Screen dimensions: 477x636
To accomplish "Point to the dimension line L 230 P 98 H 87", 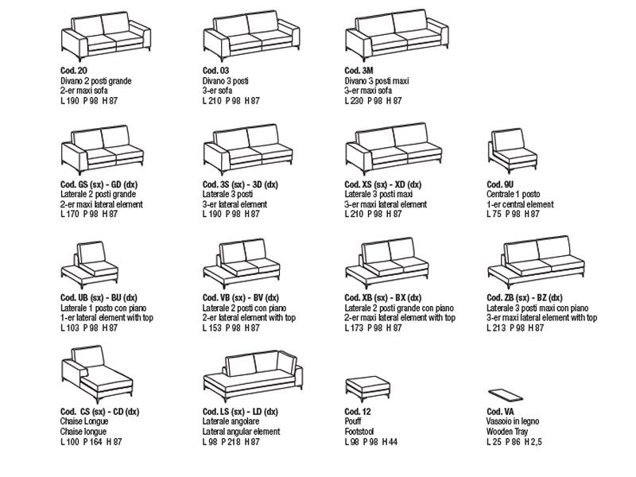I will pyautogui.click(x=374, y=101).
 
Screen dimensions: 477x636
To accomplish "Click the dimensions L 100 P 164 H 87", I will pyautogui.click(x=91, y=440).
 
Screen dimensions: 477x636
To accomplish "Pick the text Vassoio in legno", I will pyautogui.click(x=513, y=421).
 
